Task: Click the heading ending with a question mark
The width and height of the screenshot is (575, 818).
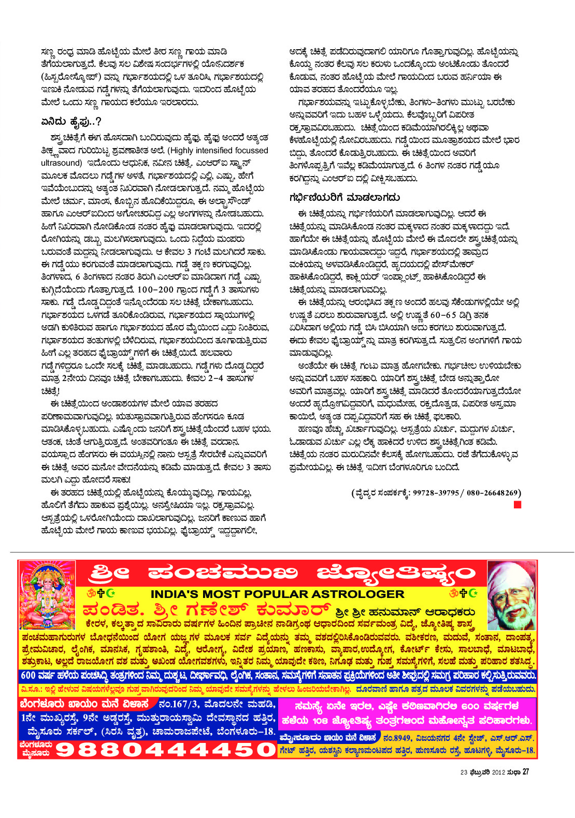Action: [71, 122]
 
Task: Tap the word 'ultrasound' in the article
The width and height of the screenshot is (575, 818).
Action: [62, 163]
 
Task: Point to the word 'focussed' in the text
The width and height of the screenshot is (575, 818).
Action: [251, 151]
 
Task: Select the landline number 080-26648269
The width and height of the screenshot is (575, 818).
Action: [493, 493]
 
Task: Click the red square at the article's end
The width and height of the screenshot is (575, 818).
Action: [517, 505]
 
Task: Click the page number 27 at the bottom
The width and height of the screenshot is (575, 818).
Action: [525, 772]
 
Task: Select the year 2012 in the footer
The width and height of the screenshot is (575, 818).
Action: [492, 772]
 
